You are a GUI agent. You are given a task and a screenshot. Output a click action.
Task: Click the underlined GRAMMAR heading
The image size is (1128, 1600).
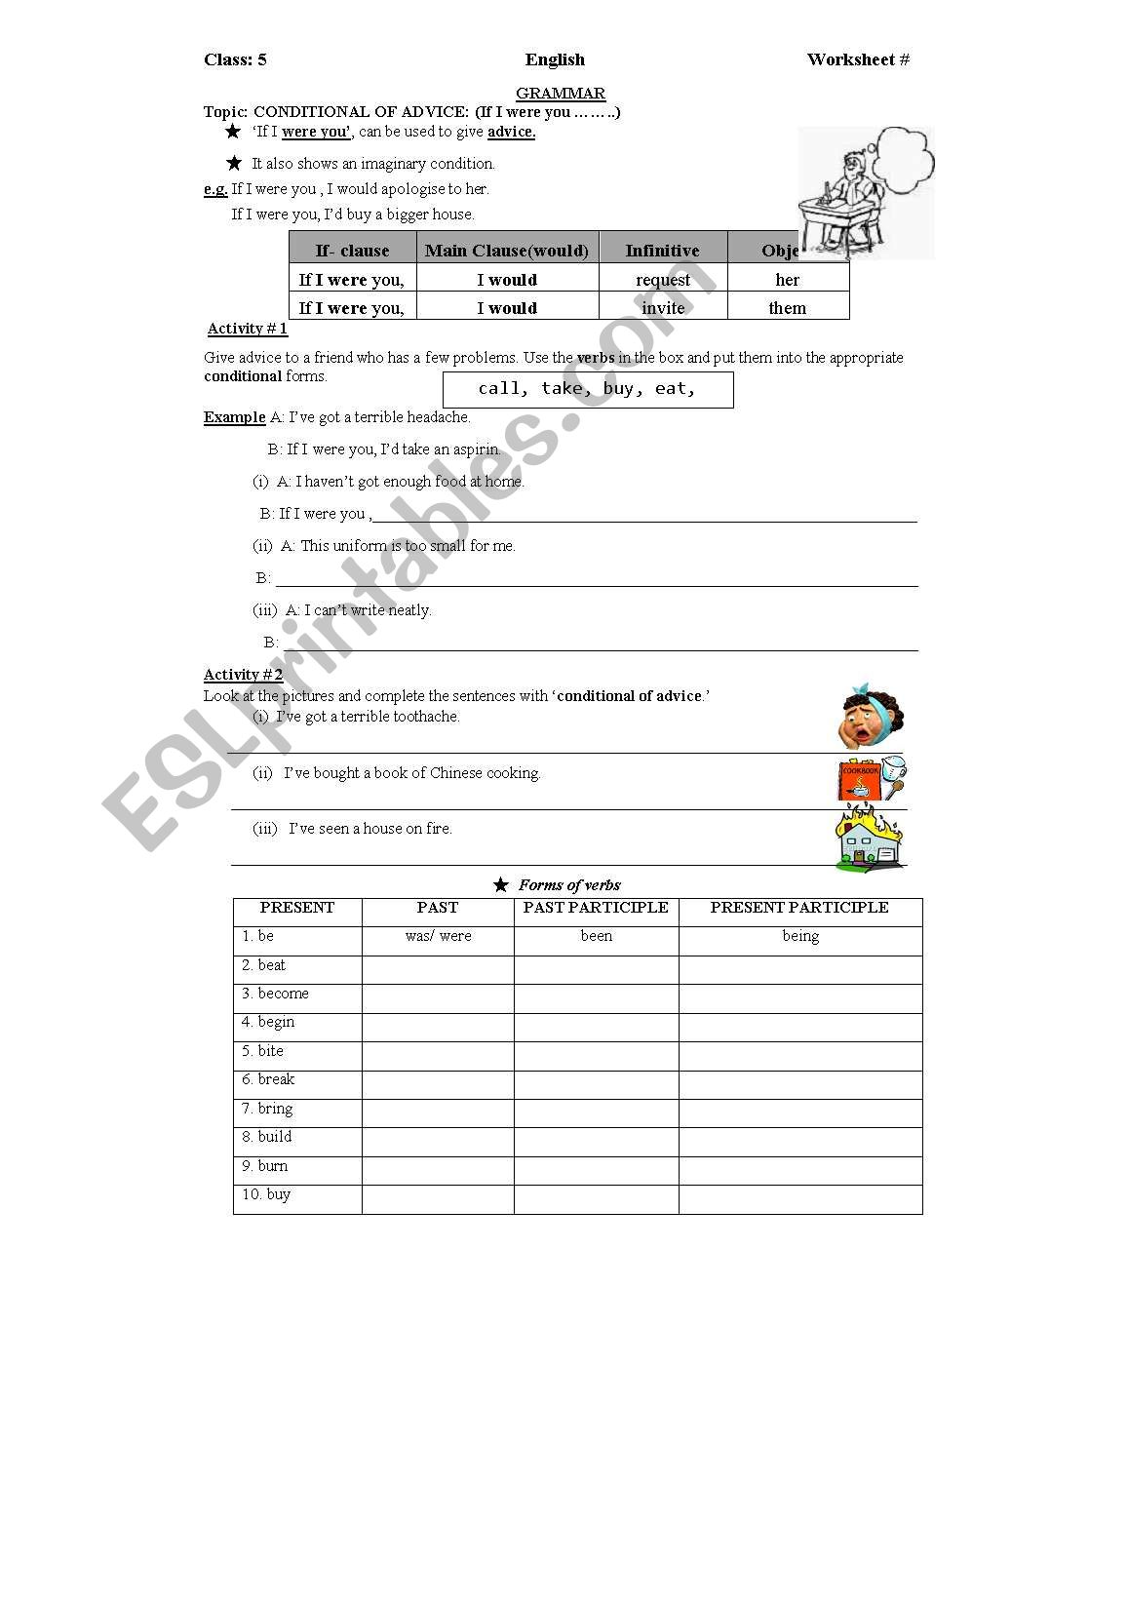[x=561, y=94]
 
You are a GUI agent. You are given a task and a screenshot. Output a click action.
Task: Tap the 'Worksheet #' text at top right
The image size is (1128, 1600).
[x=858, y=60]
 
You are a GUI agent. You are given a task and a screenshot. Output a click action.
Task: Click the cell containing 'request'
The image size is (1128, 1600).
[x=663, y=280]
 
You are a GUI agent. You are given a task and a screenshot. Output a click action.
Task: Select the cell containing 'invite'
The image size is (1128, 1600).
[x=663, y=308]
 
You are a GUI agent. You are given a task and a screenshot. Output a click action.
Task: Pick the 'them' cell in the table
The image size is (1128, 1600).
[x=788, y=308]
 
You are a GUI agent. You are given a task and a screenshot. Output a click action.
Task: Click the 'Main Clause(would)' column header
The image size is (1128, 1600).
[x=507, y=251]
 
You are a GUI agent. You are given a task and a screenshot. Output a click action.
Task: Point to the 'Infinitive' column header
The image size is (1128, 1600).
[x=663, y=251]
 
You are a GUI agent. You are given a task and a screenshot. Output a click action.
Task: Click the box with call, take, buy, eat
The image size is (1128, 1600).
[x=588, y=389]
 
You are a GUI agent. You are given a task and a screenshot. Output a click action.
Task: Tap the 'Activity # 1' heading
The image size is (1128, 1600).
[x=248, y=329]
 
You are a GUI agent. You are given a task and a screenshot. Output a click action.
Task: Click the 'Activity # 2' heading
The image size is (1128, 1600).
[x=244, y=675]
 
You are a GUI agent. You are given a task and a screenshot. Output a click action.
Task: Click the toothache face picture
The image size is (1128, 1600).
[x=873, y=717]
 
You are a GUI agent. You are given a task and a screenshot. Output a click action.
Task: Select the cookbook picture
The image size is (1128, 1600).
[x=872, y=778]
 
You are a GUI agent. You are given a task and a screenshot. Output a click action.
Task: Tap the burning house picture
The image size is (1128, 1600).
[x=870, y=838]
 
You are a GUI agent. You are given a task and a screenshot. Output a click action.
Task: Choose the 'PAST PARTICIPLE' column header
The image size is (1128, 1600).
[x=596, y=908]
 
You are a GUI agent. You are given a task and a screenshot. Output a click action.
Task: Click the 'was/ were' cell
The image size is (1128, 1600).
[x=438, y=936]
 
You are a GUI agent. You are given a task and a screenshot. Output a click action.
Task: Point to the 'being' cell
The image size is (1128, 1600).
[x=800, y=936]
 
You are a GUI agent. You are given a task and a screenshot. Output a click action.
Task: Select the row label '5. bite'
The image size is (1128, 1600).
[x=263, y=1051]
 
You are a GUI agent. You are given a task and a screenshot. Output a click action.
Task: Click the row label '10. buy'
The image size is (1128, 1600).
[x=266, y=1194]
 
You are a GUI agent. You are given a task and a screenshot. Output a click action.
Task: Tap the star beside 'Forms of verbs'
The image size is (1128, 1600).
[x=501, y=885]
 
